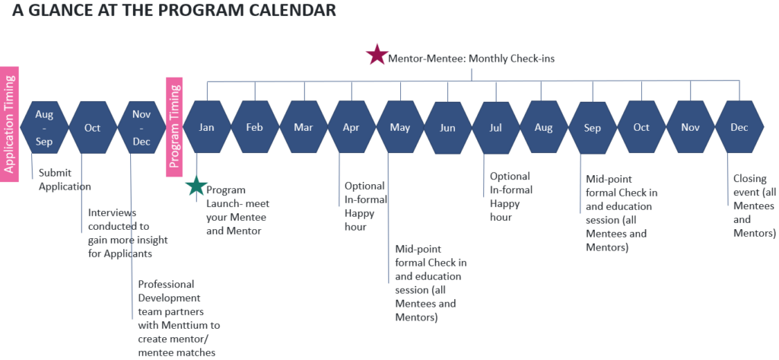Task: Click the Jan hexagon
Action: [207, 127]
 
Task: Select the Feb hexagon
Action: [254, 127]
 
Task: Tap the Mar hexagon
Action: [303, 127]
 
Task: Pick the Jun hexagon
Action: [447, 128]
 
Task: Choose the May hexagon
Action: [400, 127]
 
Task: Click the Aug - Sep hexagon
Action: [43, 127]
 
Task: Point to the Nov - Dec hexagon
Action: [141, 127]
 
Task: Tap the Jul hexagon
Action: [496, 128]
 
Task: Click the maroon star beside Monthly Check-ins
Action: [377, 55]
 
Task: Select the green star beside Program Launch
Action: [197, 186]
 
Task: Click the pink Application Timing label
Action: [9, 124]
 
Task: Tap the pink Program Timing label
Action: [174, 127]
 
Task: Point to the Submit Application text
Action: [65, 180]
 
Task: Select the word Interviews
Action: [113, 213]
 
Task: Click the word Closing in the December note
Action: [750, 179]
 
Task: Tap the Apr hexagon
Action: [351, 127]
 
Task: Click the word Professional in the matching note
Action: [166, 285]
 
